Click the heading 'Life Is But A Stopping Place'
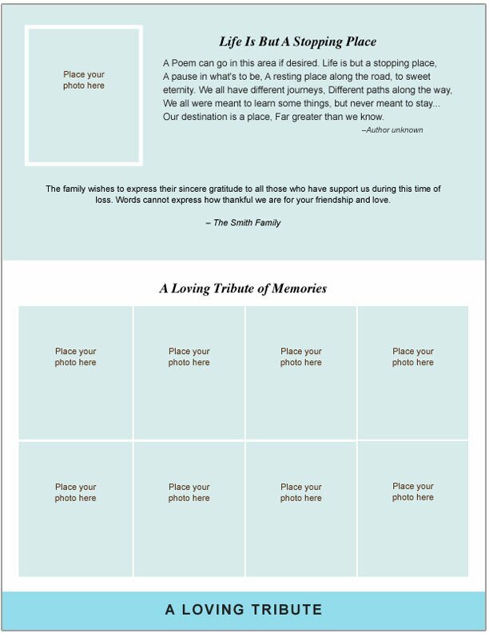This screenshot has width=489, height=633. click(297, 42)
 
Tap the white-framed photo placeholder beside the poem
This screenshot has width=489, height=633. click(84, 95)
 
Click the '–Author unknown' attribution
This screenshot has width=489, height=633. click(392, 129)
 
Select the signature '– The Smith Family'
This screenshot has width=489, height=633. click(243, 223)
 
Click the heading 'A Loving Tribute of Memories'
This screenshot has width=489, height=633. click(243, 289)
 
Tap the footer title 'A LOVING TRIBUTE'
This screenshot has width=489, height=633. click(244, 610)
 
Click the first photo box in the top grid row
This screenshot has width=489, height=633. click(76, 372)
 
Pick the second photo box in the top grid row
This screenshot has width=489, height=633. click(189, 372)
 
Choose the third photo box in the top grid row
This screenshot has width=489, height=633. click(301, 372)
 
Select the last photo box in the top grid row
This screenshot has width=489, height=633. click(413, 372)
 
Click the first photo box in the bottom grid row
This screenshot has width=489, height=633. click(76, 508)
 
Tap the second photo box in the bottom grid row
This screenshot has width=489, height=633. click(189, 508)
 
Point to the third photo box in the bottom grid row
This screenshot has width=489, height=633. click(301, 508)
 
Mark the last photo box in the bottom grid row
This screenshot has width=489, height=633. click(413, 508)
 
